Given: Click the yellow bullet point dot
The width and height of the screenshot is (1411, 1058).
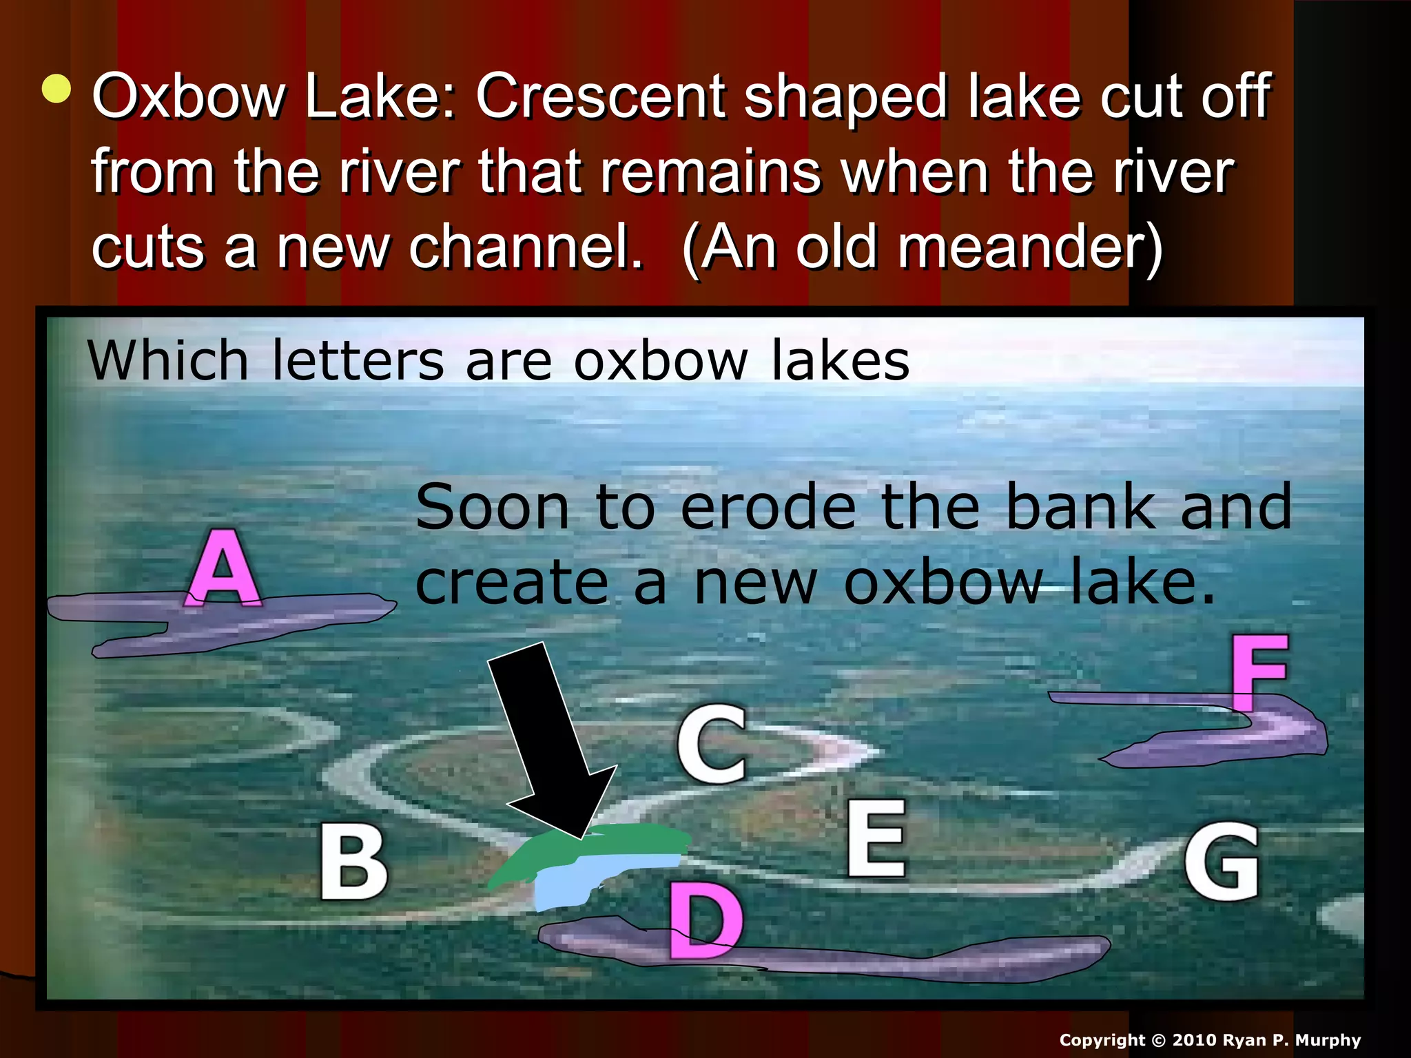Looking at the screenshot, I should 56,90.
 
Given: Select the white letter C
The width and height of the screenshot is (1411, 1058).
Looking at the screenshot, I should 712,745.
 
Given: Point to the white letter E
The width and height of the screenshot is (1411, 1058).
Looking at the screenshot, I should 875,838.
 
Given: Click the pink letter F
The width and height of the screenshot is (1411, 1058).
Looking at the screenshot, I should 1258,672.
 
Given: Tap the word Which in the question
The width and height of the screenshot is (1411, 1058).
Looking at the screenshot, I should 167,360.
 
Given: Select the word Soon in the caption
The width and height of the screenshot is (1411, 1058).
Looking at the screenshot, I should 493,508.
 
